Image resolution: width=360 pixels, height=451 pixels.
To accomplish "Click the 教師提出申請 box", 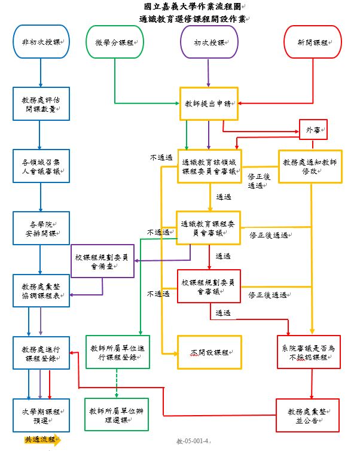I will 209,103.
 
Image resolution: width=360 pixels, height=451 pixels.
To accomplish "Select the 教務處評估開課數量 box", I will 40,104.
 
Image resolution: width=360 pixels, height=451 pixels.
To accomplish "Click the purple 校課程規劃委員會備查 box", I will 102,261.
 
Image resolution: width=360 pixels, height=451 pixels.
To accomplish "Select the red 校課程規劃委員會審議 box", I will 209,286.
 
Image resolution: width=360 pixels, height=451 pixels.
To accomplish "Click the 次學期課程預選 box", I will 40,414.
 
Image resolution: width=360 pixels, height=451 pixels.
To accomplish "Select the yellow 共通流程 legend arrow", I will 42,440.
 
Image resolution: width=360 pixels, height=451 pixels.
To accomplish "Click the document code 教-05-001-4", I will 197,441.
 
